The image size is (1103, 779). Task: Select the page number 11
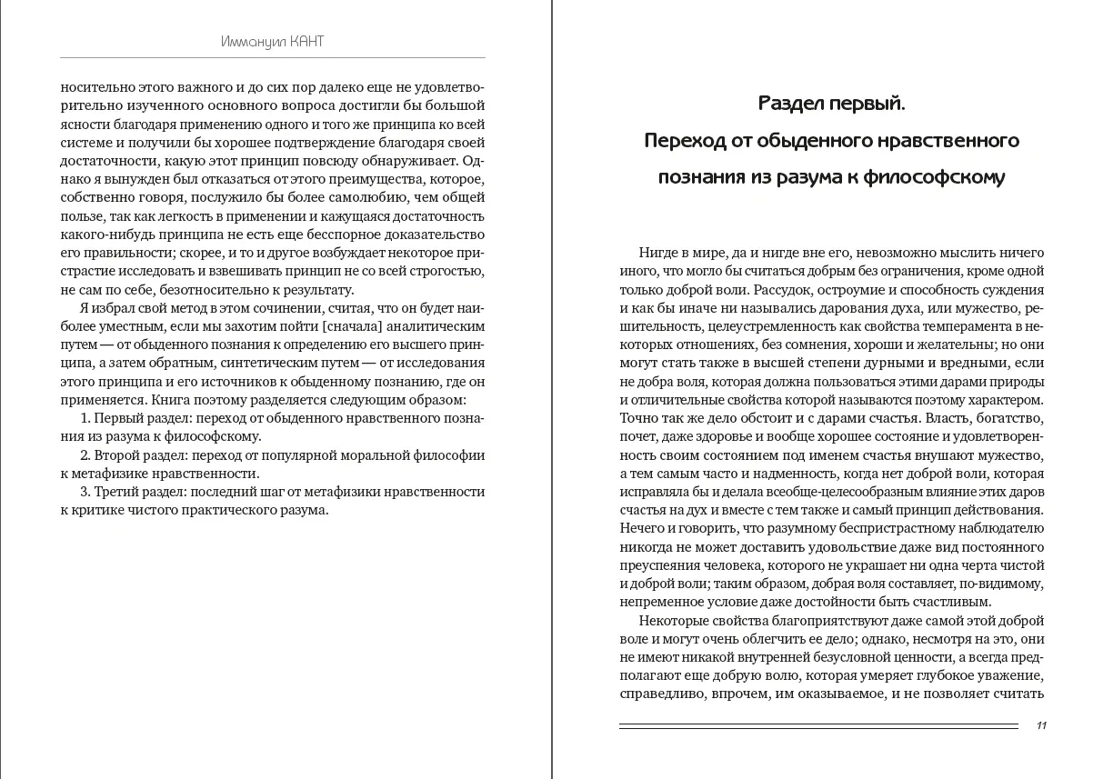[x=1041, y=725]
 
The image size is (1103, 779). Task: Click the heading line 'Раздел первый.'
[x=831, y=104]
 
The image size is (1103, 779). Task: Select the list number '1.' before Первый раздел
[x=86, y=418]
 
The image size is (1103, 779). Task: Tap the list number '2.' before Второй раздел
[x=86, y=454]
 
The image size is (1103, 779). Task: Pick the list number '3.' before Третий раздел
[x=86, y=492]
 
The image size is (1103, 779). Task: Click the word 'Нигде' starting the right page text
[x=657, y=253]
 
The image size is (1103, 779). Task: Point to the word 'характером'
[x=1003, y=400]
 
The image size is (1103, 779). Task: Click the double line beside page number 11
[x=817, y=726]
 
